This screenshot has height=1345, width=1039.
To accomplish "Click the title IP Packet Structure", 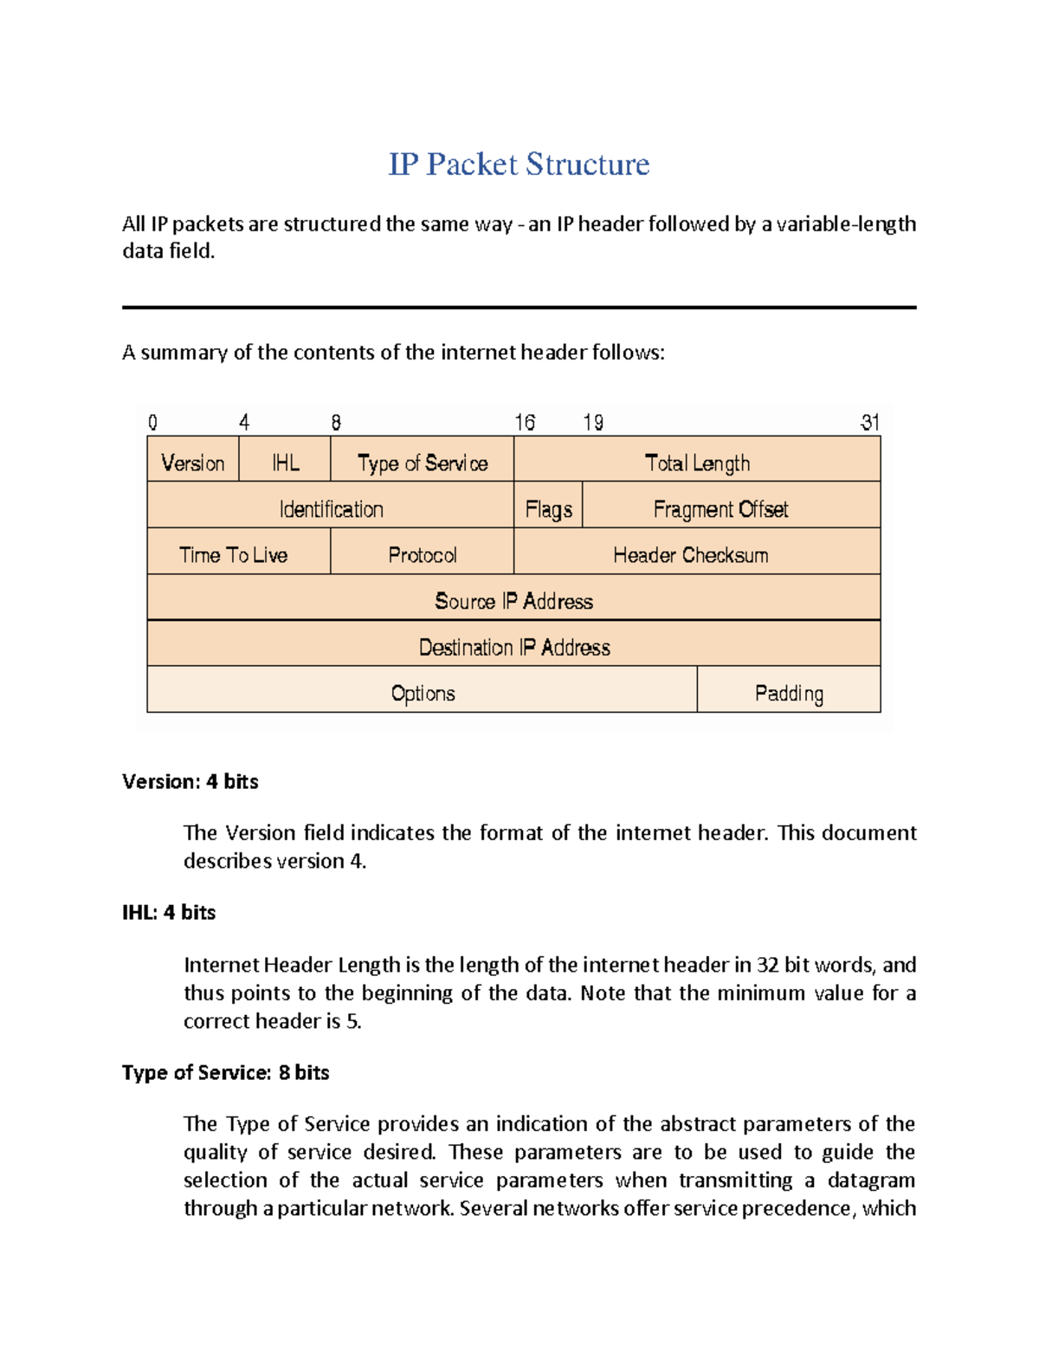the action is point(519,165).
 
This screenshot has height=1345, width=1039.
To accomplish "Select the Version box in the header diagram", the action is point(193,462).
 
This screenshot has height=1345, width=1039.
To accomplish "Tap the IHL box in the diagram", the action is point(285,462).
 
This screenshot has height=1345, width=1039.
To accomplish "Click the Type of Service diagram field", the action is point(423,462).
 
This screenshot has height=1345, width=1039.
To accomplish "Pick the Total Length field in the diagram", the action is point(697,462).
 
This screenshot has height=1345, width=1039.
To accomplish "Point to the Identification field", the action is point(331,508).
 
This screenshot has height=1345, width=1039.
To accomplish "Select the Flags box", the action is point(548,508).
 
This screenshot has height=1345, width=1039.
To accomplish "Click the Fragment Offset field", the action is point(720,508).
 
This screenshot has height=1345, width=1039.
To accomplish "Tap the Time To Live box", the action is point(234,554).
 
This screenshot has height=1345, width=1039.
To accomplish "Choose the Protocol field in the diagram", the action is point(423,554).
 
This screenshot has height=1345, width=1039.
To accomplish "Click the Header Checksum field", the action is point(691,554).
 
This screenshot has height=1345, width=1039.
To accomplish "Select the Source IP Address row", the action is point(513,600).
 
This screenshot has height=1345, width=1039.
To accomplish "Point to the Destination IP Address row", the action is point(513,646).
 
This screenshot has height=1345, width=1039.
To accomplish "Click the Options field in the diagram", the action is point(423,693).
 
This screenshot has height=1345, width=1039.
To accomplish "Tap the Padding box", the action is point(789,693).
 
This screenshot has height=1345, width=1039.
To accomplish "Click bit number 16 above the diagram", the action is point(525,422).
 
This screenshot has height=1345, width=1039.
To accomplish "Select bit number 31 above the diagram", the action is point(869,422).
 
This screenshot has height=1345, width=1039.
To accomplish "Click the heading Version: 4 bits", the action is point(190,781).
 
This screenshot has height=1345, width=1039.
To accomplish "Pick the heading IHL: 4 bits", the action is point(169,912).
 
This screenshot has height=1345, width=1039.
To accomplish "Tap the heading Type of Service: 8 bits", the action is point(226,1072).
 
